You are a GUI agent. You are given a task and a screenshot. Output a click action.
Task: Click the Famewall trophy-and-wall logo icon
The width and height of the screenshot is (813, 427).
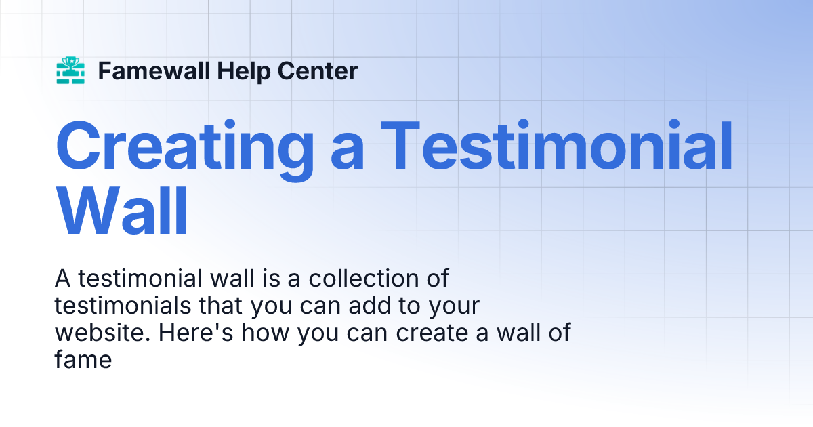click(70, 70)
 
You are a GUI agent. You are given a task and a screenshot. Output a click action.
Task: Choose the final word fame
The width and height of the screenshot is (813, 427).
click(83, 360)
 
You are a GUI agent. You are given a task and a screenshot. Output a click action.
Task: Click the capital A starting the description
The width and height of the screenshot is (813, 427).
click(62, 279)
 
